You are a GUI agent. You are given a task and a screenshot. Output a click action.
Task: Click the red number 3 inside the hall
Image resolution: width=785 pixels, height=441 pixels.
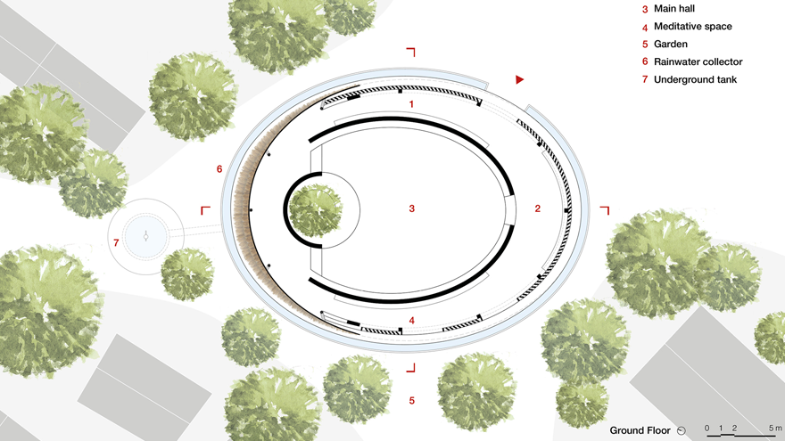click(x=411, y=209)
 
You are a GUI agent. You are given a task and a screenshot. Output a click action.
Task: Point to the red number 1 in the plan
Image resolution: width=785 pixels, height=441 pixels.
click(x=411, y=104)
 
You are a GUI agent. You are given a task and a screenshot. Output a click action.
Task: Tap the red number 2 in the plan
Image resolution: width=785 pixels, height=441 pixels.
click(x=537, y=209)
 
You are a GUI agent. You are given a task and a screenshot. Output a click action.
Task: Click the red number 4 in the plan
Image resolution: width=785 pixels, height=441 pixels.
click(x=411, y=320)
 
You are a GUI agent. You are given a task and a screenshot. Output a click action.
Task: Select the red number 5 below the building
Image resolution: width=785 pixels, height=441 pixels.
click(x=411, y=401)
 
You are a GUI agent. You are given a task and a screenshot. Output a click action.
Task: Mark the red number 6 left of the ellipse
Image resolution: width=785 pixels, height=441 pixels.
click(x=219, y=168)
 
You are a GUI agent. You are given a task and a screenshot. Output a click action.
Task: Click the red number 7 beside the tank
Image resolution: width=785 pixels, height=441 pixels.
click(x=116, y=242)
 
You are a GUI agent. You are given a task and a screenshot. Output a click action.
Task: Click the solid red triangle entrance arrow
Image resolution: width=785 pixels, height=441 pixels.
click(x=519, y=80)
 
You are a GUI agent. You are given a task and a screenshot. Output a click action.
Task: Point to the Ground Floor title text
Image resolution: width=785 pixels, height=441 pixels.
click(x=640, y=430)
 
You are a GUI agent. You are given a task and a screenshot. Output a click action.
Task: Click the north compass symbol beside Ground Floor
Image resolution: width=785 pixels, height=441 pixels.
click(x=682, y=430)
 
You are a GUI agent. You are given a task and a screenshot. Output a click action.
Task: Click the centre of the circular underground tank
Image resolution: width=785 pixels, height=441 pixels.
click(x=145, y=234)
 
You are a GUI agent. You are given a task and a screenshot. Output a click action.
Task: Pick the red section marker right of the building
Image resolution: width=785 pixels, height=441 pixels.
click(x=605, y=210)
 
